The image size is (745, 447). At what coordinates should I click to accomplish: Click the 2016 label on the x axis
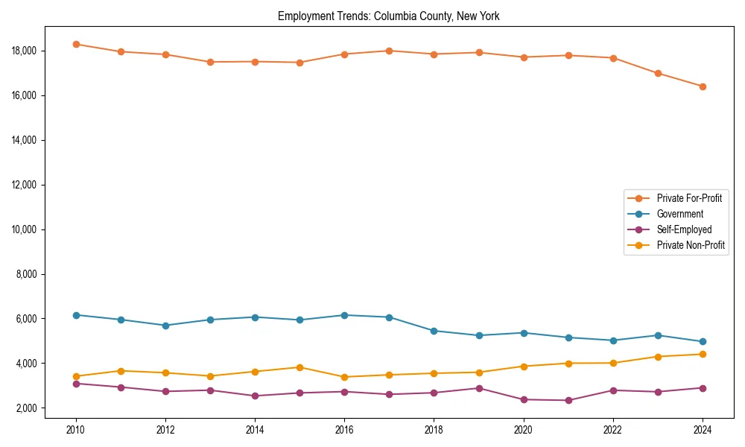(344, 429)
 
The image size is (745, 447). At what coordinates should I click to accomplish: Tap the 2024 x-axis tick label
(703, 429)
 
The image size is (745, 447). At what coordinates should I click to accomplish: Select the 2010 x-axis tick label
(75, 429)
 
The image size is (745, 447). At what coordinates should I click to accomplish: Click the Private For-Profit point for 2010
(75, 44)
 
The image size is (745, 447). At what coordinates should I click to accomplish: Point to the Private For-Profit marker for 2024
(703, 86)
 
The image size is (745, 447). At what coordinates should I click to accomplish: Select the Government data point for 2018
(434, 331)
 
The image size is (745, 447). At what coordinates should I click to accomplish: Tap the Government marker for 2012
(165, 326)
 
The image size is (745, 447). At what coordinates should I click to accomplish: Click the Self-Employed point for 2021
(568, 400)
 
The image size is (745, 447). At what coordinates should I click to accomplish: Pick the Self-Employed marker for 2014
(255, 396)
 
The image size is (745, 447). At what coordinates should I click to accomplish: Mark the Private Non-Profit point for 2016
(344, 377)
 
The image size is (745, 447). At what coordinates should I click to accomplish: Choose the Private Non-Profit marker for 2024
(703, 354)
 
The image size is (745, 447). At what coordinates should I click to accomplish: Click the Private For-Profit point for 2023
(658, 73)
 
